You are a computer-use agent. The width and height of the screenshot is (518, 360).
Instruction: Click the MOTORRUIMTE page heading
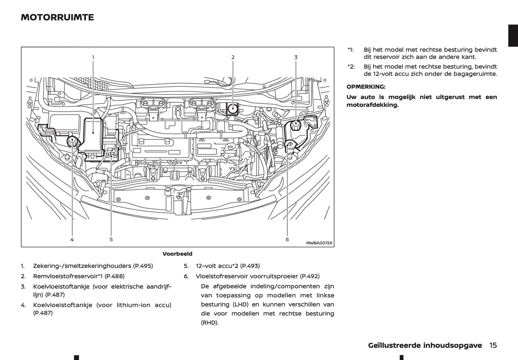[x=57, y=17]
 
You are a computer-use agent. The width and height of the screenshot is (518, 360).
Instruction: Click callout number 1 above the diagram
[x=93, y=57]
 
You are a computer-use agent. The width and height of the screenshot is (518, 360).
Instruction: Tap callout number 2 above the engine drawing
[x=233, y=57]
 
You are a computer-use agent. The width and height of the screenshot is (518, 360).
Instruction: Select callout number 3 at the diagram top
[x=296, y=57]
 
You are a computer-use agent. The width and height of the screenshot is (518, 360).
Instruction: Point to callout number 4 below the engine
[x=72, y=240]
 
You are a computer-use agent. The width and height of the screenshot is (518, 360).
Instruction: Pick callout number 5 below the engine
[x=111, y=240]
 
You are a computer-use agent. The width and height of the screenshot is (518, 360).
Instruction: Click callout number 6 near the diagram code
[x=287, y=240]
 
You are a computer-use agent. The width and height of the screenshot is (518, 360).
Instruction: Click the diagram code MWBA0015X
[x=319, y=243]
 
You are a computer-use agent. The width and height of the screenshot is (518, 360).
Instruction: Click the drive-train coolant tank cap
[x=296, y=126]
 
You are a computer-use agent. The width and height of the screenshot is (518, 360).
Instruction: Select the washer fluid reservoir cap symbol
[x=290, y=145]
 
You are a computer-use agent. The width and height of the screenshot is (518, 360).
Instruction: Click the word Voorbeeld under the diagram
[x=177, y=254]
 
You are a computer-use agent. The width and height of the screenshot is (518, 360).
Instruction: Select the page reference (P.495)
[x=143, y=266]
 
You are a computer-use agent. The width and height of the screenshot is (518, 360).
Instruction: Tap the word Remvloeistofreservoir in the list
[x=65, y=276]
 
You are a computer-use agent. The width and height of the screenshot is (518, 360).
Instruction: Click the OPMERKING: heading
[x=366, y=87]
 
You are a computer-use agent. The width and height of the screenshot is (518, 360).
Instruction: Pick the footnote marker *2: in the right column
[x=351, y=67]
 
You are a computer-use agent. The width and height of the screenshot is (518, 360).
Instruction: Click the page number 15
[x=493, y=345]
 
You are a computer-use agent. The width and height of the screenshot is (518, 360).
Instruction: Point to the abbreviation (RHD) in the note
[x=210, y=323]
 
